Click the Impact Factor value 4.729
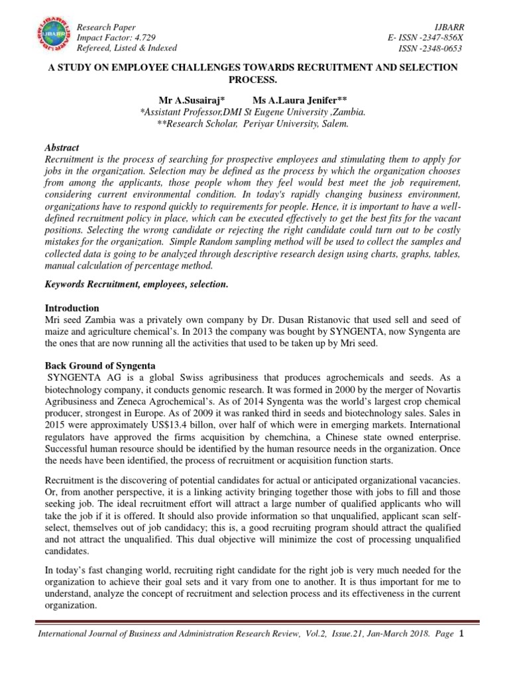tap(141, 38)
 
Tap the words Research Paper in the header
tap(107, 27)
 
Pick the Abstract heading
tap(62, 148)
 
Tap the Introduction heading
tap(72, 308)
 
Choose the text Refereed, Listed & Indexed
tap(127, 48)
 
